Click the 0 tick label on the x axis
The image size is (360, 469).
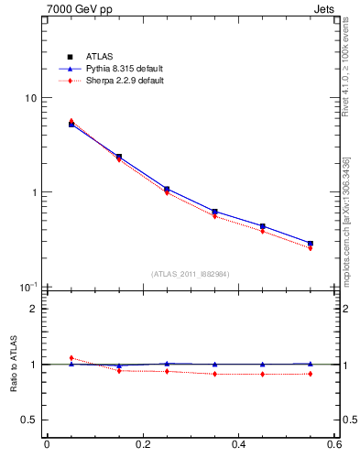pos(47,445)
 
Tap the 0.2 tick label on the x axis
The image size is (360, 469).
pos(142,445)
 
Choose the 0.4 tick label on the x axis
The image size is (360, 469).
pos(238,445)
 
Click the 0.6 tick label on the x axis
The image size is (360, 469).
pos(333,445)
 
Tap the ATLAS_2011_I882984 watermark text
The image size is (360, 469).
pos(191,274)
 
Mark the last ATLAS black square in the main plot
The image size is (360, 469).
pos(311,244)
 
